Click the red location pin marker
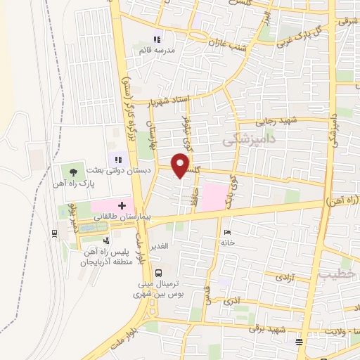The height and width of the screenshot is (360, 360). (181, 165)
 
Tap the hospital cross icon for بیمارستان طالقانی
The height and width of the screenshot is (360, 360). (122, 205)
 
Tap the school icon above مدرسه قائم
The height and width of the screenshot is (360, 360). (157, 39)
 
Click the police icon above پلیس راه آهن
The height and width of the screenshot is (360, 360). (106, 241)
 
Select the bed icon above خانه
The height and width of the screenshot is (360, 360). (225, 232)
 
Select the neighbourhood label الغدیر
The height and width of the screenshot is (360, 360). (162, 245)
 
